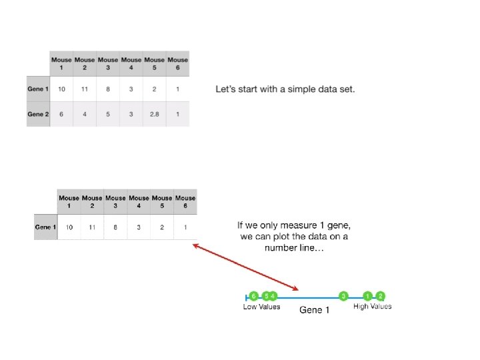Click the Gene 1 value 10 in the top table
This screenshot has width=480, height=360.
[61, 89]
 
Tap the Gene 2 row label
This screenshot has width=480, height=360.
[38, 114]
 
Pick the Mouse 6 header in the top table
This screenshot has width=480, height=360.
[177, 64]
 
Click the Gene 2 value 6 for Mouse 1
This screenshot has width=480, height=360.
[61, 114]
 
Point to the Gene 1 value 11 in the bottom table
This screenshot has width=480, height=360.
[92, 227]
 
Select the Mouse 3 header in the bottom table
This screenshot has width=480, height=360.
[115, 202]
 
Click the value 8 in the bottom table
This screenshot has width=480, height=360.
[115, 227]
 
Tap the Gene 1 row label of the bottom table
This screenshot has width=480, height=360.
[45, 227]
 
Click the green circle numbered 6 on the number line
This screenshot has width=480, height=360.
[253, 295]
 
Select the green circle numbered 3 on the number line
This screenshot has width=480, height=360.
[344, 295]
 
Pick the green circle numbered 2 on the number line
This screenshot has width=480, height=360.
[381, 295]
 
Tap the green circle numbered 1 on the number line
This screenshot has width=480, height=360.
[368, 295]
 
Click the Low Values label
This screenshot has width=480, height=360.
[261, 307]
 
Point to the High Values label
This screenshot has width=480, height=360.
[372, 307]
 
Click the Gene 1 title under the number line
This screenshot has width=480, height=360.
[315, 310]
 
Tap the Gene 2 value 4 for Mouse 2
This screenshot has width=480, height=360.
[85, 114]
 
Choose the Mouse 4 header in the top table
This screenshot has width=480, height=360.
[131, 64]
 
